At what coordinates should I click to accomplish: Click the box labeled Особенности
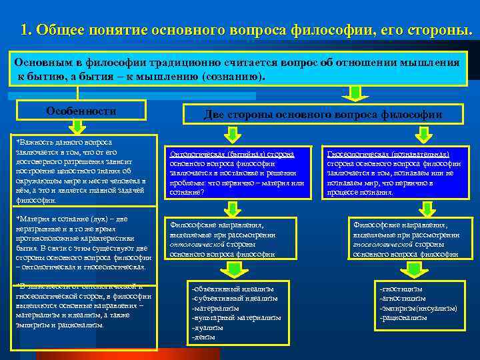[81, 111]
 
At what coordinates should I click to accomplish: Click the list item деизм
[203, 337]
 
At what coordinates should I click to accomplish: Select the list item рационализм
[403, 318]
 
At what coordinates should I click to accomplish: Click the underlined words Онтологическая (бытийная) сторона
[232, 154]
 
